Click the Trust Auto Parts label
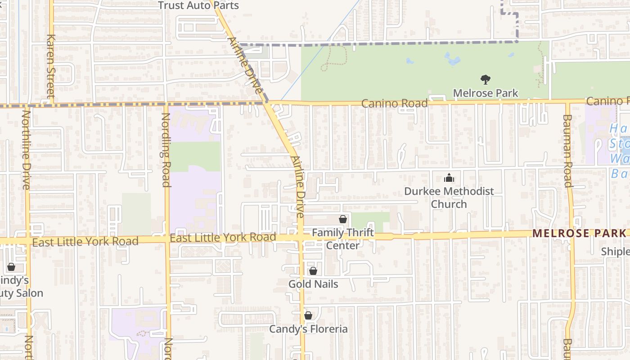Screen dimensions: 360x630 click(x=198, y=5)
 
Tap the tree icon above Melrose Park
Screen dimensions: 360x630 click(x=485, y=80)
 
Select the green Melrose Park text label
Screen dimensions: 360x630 click(x=485, y=93)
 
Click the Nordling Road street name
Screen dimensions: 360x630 click(x=166, y=149)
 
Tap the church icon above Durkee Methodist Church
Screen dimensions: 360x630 click(x=449, y=178)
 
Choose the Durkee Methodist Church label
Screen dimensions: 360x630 click(x=449, y=198)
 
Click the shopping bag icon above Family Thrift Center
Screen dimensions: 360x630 click(x=343, y=219)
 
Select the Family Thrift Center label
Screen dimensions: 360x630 click(x=343, y=239)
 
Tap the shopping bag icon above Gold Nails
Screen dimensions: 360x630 click(x=313, y=271)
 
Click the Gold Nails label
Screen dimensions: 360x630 click(x=313, y=284)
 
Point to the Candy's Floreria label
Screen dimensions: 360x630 click(x=308, y=329)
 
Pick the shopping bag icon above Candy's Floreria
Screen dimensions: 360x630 click(x=308, y=315)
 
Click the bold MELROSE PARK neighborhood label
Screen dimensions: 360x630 click(x=579, y=233)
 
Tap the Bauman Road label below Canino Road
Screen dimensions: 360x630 click(x=567, y=150)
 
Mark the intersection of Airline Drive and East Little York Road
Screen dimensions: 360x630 click(x=301, y=237)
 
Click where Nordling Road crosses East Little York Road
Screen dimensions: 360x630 click(x=167, y=239)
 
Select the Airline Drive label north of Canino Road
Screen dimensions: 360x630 click(x=244, y=65)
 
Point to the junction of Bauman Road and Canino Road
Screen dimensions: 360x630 click(x=568, y=102)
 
